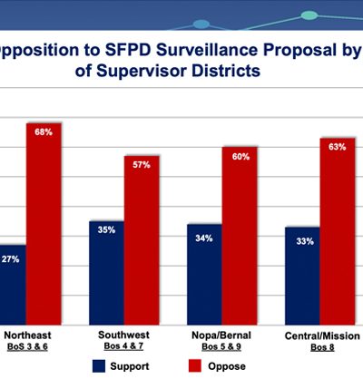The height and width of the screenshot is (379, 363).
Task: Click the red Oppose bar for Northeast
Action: pyautogui.click(x=44, y=218)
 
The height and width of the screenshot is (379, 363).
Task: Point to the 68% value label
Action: pyautogui.click(x=44, y=132)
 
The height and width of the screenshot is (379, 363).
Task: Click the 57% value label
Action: pyautogui.click(x=142, y=164)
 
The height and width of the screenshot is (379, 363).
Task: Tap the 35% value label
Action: pyautogui.click(x=106, y=230)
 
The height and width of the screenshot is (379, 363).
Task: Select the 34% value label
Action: pyautogui.click(x=204, y=238)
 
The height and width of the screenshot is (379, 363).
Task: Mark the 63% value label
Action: pyautogui.click(x=338, y=146)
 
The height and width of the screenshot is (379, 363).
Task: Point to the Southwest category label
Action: pyautogui.click(x=123, y=335)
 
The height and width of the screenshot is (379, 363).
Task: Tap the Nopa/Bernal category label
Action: pyautogui.click(x=221, y=335)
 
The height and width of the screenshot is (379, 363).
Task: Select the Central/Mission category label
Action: pyautogui.click(x=320, y=335)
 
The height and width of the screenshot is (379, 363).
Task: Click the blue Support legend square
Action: pyautogui.click(x=99, y=365)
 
